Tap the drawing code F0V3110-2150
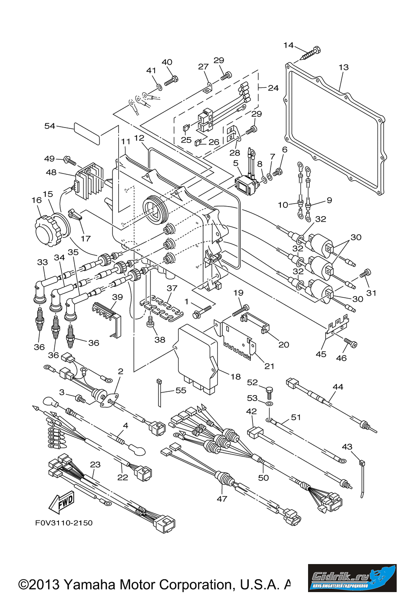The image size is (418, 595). point(64,523)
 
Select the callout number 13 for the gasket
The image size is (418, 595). point(344,67)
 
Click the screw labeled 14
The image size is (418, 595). point(311,53)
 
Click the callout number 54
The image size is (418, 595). point(50,126)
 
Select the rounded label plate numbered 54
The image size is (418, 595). point(87,133)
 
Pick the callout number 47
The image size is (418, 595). point(222,498)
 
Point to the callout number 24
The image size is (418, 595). point(273,88)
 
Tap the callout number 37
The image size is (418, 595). point(172,288)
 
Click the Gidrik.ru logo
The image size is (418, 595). point(352,578)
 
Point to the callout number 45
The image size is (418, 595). point(321,354)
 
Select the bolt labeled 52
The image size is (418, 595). point(270,391)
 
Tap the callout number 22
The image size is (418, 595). point(122,477)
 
